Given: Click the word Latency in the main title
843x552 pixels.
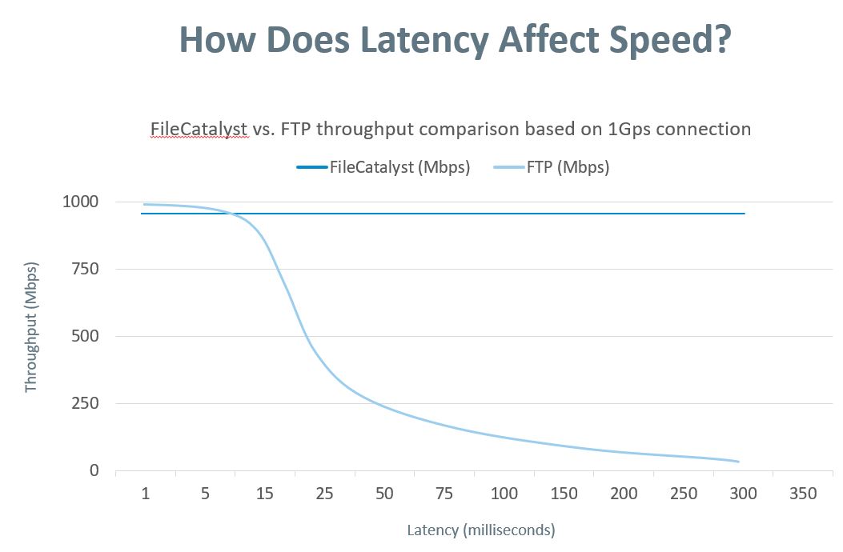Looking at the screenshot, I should pos(422,40).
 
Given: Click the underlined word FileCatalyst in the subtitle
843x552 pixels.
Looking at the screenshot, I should pos(199,129).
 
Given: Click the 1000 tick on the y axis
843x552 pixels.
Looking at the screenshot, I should pos(80,202).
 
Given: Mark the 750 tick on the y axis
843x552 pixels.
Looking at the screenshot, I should pos(85,269).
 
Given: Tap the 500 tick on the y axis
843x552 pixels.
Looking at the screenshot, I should pos(85,336).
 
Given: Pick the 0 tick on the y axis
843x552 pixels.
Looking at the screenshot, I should pos(94,470).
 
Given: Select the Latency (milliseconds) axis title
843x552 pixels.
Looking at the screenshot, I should pos(480,530).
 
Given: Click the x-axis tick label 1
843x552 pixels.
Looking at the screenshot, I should pos(146,494).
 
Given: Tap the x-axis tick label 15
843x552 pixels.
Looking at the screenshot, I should pos(265,494).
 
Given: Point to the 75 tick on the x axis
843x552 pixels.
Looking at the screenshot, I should pos(444,494).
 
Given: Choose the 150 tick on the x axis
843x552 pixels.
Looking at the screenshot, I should pos(564,494).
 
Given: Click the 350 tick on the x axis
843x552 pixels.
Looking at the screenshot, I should pos(803,494).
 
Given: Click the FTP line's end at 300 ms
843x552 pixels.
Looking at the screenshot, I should pos(738,462).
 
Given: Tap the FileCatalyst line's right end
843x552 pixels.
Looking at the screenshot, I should pos(745,214).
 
